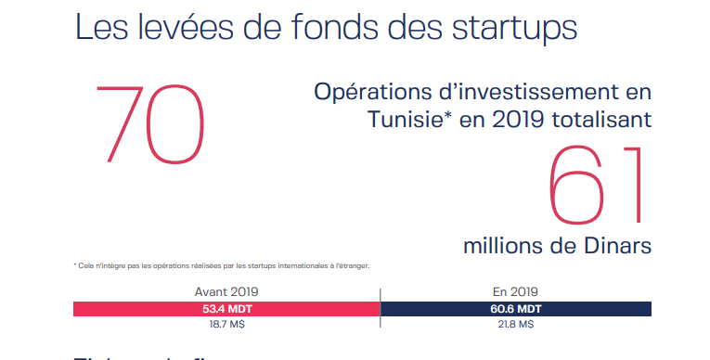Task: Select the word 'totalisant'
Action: coord(596,122)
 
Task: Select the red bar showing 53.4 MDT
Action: coord(226,309)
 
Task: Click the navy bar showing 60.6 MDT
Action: coord(516,309)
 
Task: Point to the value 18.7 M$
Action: coord(226,325)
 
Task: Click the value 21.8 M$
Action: coord(516,325)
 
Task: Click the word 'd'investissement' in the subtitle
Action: coord(534,93)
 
